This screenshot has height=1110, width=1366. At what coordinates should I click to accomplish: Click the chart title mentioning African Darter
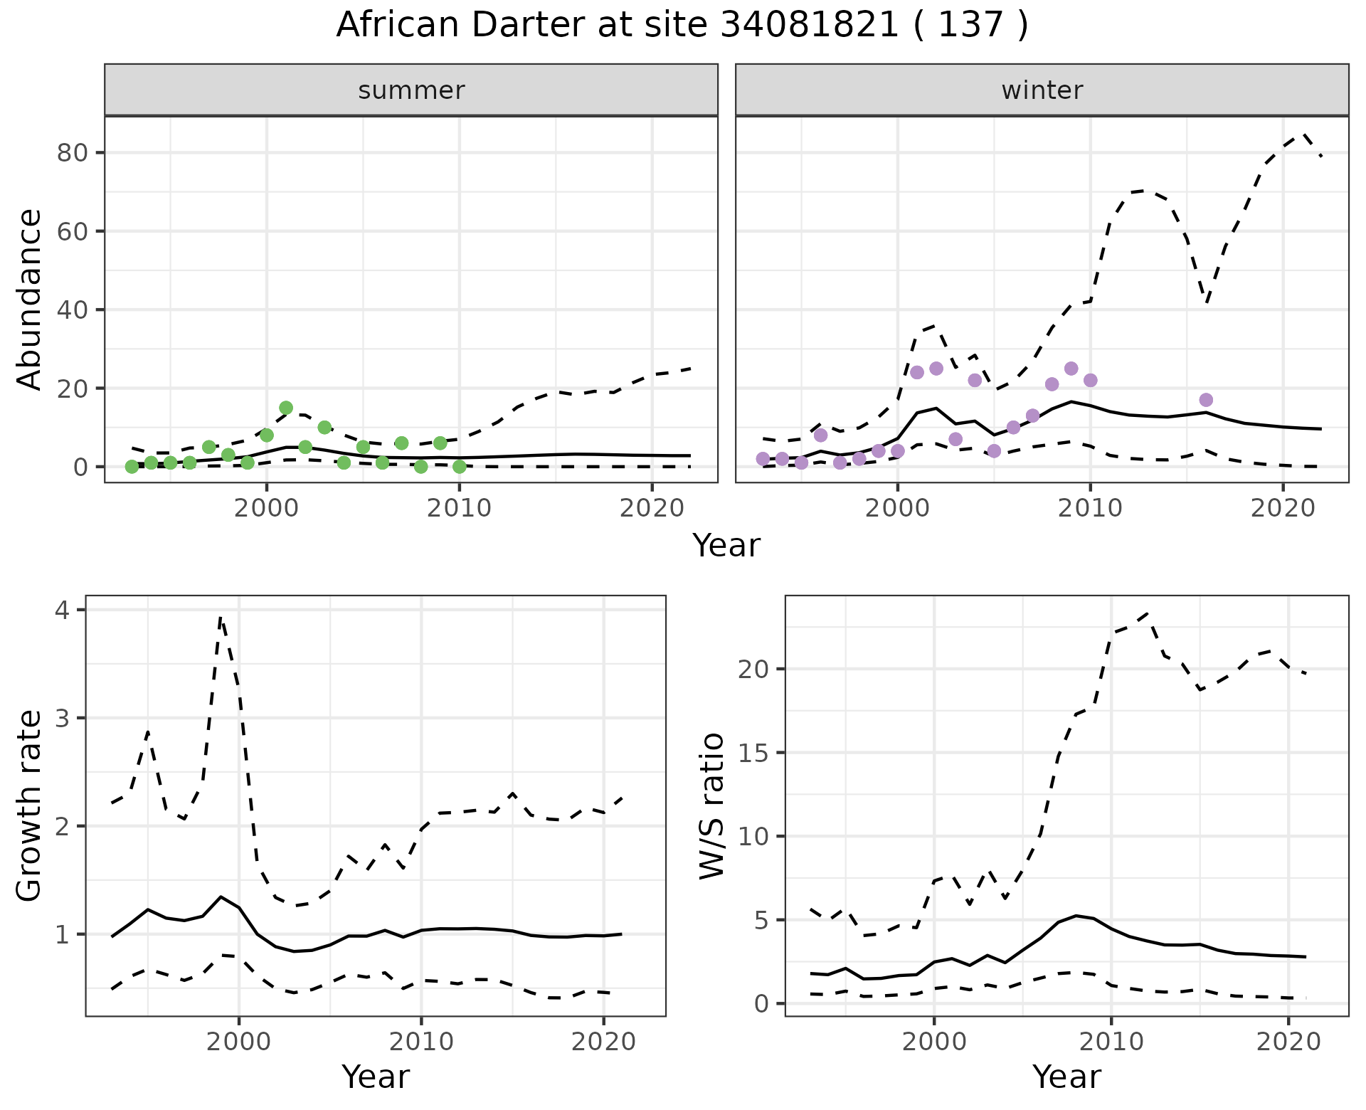(x=682, y=26)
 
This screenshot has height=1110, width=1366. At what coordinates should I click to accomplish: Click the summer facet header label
(x=411, y=90)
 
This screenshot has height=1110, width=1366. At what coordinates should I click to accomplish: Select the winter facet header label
(x=1042, y=90)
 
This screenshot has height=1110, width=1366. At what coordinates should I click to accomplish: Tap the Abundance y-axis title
(x=30, y=299)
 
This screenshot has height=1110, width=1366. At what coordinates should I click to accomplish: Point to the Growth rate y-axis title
(x=30, y=805)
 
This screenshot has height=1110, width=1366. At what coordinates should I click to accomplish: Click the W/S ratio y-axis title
(x=712, y=805)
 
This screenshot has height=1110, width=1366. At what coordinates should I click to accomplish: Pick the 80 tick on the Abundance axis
(x=71, y=153)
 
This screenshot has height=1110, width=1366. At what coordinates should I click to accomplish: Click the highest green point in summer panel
(x=286, y=408)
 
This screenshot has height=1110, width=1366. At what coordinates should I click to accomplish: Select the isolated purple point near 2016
(x=1206, y=400)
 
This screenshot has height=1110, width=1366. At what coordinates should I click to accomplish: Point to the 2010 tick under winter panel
(x=1090, y=508)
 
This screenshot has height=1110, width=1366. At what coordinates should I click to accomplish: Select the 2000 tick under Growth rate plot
(x=239, y=1042)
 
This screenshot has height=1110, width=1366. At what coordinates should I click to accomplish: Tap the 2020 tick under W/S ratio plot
(x=1288, y=1042)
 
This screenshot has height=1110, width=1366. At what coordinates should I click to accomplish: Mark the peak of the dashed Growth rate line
(x=221, y=618)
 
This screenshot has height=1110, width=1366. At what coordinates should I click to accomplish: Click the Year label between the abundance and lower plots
(x=726, y=546)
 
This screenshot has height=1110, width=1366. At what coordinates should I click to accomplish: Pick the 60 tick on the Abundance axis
(x=71, y=231)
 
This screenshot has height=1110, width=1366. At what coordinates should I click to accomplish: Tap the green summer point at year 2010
(x=460, y=467)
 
